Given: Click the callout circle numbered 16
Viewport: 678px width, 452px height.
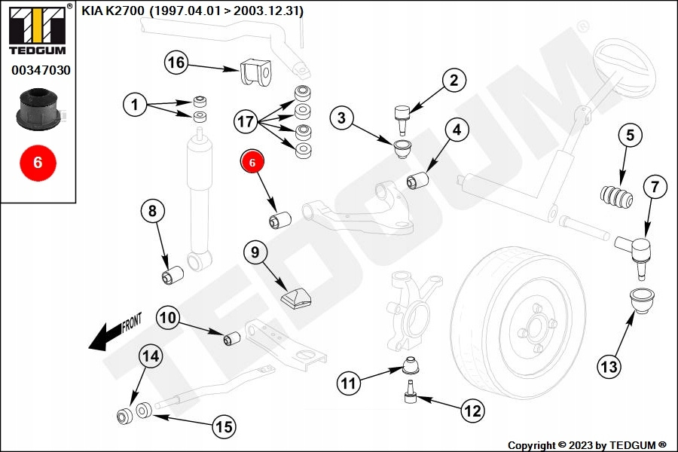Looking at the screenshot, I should [x=176, y=63].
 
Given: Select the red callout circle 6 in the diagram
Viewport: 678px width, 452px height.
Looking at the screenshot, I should [x=252, y=161].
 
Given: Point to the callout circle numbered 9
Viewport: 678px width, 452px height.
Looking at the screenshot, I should [x=255, y=252].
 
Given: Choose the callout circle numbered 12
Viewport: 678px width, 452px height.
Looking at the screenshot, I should [x=472, y=411].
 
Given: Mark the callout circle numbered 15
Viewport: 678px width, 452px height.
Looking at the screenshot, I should [x=224, y=427].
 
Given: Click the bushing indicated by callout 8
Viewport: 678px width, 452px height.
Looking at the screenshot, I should [x=173, y=274].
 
